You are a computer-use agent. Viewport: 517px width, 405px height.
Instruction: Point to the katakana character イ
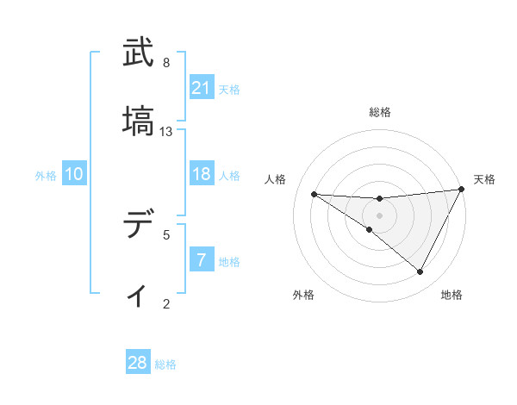[x=138, y=296]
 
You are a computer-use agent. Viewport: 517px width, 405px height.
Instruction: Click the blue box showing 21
[x=202, y=88]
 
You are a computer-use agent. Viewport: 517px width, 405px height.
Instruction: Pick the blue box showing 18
[x=202, y=175]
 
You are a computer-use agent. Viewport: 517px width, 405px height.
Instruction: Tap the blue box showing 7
[x=202, y=260]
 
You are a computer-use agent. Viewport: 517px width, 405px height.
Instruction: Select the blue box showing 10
[x=74, y=175]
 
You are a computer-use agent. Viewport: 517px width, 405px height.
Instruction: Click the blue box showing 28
[x=138, y=363]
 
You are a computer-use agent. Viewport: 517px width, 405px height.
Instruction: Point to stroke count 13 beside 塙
[x=167, y=132]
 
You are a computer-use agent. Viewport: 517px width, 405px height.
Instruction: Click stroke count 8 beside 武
[x=166, y=63]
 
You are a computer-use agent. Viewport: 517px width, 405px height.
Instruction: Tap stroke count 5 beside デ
[x=166, y=234]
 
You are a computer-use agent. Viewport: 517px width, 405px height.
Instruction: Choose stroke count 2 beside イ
[x=166, y=303]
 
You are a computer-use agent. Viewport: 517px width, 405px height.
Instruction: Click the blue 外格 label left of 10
[x=46, y=176]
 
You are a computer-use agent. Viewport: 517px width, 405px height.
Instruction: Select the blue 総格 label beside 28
[x=165, y=364]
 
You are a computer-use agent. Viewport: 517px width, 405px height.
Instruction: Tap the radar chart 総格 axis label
[x=380, y=113]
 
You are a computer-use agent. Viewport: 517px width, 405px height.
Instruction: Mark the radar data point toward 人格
[x=314, y=194]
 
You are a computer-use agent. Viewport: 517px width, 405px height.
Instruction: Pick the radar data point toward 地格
[x=420, y=271]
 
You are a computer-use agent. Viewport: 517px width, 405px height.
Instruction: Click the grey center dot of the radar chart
[x=380, y=215]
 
